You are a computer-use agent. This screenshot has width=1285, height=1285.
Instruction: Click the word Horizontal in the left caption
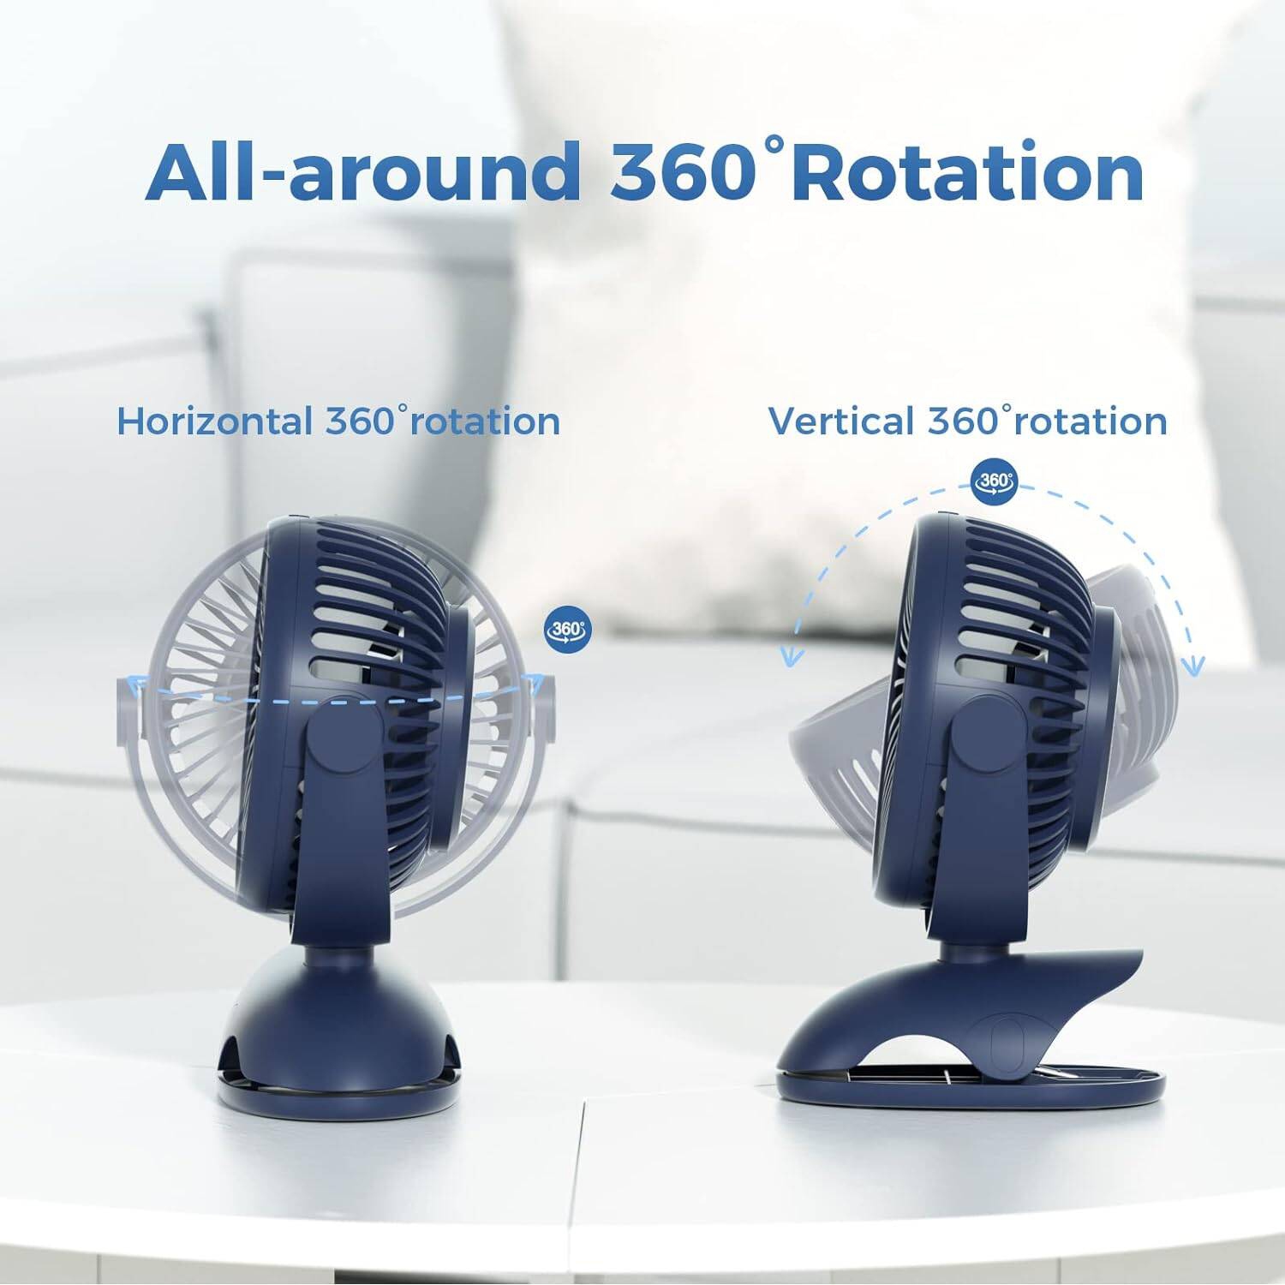click(x=214, y=421)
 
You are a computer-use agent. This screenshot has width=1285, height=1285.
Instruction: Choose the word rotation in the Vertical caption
click(x=1095, y=421)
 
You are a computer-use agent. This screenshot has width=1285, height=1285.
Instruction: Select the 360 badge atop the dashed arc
click(x=994, y=481)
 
